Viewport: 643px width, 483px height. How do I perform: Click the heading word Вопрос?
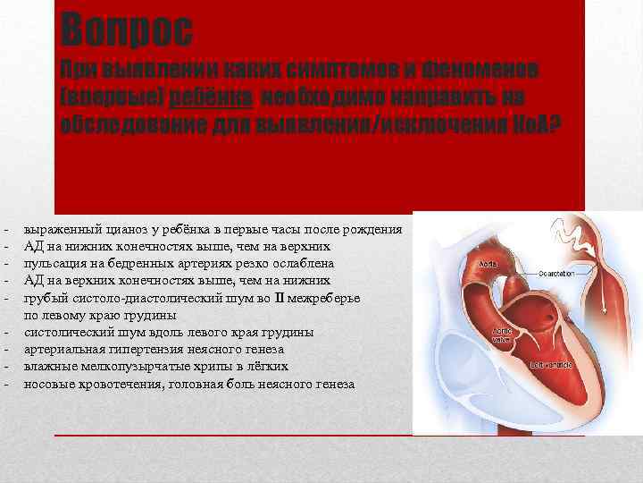pyautogui.click(x=127, y=30)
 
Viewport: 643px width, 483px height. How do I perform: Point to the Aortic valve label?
pyautogui.click(x=503, y=336)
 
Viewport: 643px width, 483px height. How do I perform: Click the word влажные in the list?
pyautogui.click(x=48, y=367)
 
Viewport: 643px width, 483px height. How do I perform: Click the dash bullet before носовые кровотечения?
pyautogui.click(x=6, y=384)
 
